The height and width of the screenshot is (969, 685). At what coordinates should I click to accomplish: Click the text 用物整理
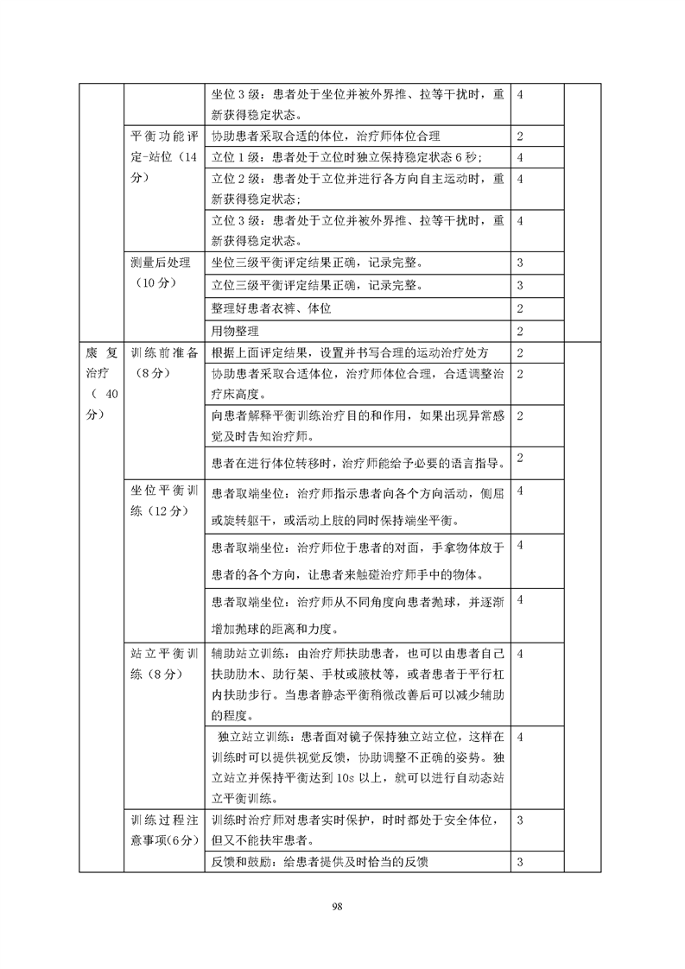point(235,331)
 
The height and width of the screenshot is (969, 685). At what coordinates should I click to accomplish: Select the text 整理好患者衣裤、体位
point(271,308)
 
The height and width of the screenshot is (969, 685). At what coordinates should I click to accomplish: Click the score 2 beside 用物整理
point(520,331)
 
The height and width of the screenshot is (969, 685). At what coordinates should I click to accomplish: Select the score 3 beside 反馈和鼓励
point(520,862)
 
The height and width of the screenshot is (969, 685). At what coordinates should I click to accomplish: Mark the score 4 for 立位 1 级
point(520,157)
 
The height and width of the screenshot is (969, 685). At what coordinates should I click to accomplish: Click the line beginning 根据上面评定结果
point(350,352)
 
